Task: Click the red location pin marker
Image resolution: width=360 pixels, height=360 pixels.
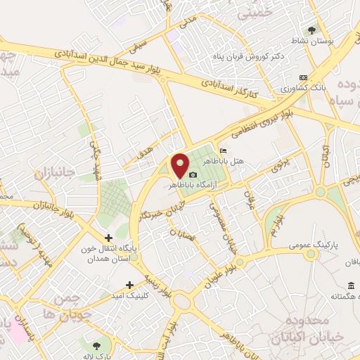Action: point(180,165)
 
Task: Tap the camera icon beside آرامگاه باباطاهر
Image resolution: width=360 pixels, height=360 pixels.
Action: point(193,174)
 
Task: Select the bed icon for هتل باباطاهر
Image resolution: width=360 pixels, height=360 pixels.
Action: point(223,150)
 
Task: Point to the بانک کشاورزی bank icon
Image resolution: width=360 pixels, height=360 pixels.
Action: point(303,77)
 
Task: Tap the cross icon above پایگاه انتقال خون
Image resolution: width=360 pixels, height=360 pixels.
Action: point(108,238)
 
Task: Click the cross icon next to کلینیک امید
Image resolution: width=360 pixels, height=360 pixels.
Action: point(129,285)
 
